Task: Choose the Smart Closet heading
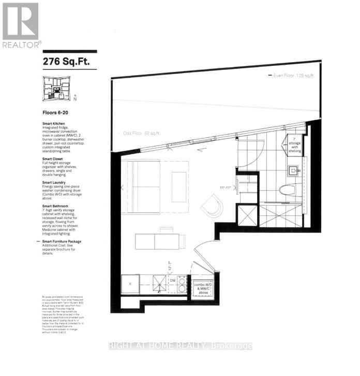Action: (54, 158)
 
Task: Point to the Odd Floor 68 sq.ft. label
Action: (142, 133)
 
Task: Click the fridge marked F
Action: (130, 284)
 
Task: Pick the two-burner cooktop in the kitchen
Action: (182, 284)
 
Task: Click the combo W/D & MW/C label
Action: (202, 287)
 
